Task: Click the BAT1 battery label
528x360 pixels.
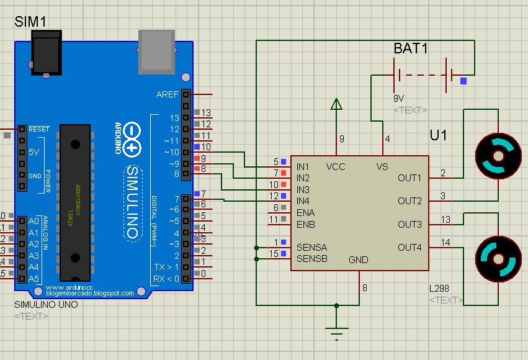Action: tap(411, 48)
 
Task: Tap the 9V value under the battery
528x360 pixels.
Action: tap(399, 98)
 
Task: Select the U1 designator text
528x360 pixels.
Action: tap(439, 135)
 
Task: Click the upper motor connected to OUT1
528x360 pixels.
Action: tap(498, 155)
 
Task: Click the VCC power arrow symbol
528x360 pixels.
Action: tap(336, 105)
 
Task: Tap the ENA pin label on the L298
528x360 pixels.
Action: tap(306, 212)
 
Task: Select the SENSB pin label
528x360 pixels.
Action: tap(311, 259)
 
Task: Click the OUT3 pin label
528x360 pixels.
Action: tap(409, 224)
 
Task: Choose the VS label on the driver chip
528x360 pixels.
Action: tap(382, 167)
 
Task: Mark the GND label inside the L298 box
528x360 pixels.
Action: tap(359, 259)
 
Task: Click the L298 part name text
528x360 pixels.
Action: tap(439, 289)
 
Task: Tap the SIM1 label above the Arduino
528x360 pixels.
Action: tap(30, 22)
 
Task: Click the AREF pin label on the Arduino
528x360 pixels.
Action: tap(168, 94)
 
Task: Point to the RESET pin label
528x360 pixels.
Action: tap(39, 129)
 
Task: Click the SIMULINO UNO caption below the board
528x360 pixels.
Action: tap(46, 305)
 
